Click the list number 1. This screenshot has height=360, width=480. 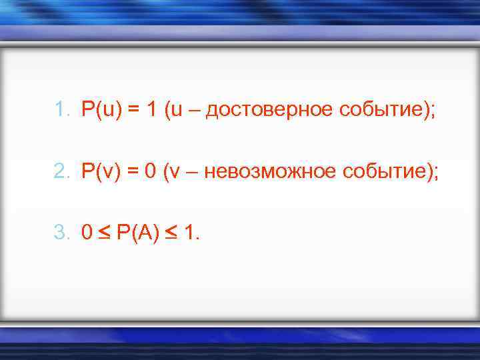pyautogui.click(x=61, y=109)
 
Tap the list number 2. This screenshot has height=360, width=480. pyautogui.click(x=61, y=171)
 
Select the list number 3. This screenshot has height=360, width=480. pyautogui.click(x=61, y=233)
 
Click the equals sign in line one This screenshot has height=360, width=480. pyautogui.click(x=133, y=109)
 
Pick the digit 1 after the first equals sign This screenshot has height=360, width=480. pyautogui.click(x=151, y=109)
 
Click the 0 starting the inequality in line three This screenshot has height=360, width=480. pyautogui.click(x=87, y=233)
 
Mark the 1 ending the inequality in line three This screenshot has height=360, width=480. pyautogui.click(x=192, y=233)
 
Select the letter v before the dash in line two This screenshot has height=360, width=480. pyautogui.click(x=175, y=173)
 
